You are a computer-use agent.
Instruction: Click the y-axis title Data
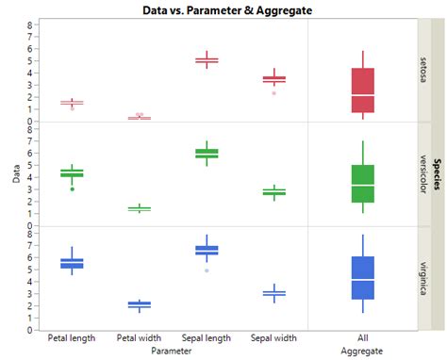coord(14,174)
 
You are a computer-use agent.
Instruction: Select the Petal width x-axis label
coord(139,337)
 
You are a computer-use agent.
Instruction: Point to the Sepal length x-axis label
coord(207,337)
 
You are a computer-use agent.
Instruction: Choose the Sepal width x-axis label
coord(273,337)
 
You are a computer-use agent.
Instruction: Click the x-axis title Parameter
coord(173,350)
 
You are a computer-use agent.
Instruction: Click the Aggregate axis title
coord(363,350)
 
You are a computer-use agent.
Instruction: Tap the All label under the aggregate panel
coord(363,337)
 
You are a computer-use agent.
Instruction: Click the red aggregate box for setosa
coord(363,90)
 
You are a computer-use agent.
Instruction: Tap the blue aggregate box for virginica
coord(363,278)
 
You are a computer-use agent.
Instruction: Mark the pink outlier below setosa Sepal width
coord(273,93)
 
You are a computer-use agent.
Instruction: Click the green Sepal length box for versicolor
coord(207,153)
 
